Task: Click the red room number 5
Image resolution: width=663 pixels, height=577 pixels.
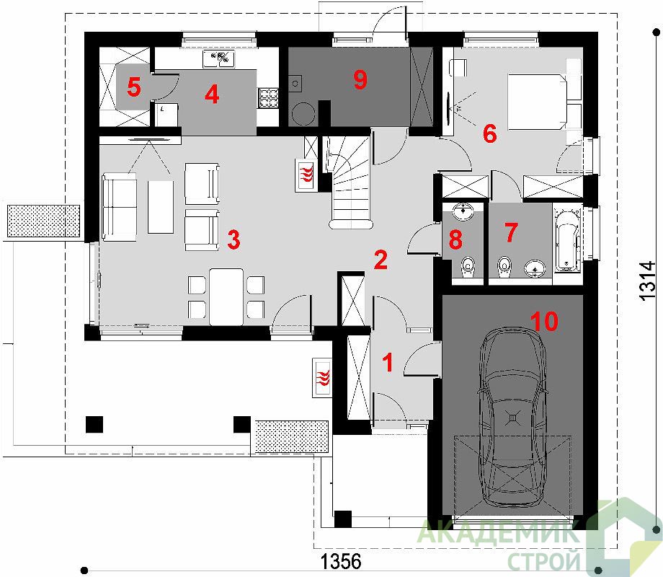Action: (x=133, y=88)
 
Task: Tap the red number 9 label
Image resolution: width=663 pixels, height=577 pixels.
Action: (x=360, y=79)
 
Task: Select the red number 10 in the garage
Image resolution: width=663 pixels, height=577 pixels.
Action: (x=544, y=321)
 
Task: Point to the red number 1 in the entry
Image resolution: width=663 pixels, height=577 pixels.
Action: (x=387, y=363)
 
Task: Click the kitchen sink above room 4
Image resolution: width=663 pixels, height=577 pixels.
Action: (x=218, y=59)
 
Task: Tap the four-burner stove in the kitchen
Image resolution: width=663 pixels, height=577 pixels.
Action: (x=267, y=99)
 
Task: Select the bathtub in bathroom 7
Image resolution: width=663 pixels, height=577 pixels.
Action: (x=566, y=239)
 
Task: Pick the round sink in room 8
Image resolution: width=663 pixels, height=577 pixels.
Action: (x=464, y=211)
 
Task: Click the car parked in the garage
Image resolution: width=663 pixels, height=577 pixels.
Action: (x=512, y=417)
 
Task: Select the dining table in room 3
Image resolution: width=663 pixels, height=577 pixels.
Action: (x=226, y=296)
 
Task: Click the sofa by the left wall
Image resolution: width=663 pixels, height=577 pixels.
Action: (x=120, y=207)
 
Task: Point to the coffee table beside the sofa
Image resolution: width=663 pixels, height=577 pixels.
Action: (x=160, y=207)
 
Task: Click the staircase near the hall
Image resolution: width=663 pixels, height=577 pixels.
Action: (x=350, y=182)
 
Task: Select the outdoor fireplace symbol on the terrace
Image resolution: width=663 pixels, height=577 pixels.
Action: (x=323, y=378)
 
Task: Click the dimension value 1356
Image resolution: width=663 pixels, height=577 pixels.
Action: (x=341, y=562)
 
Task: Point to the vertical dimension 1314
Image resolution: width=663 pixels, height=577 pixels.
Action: (x=647, y=281)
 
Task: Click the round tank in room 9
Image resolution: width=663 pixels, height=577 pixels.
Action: (x=303, y=114)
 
